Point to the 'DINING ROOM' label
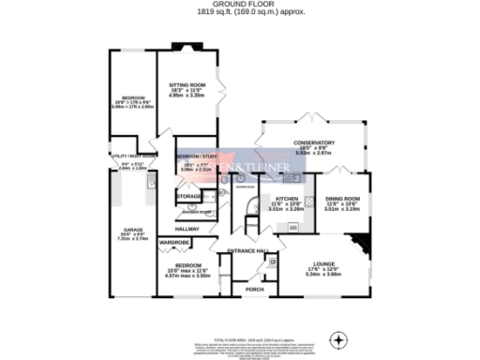coord(342,199)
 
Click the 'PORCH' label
coord(254,290)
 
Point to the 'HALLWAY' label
coord(187,228)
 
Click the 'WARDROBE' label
coord(175,243)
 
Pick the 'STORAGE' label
coord(190,196)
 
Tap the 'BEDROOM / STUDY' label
coord(195,156)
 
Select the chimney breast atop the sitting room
coord(180,45)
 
